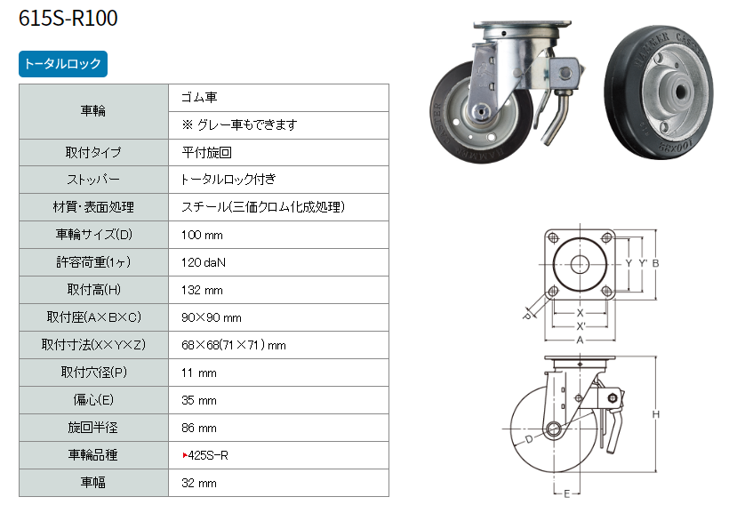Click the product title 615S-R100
tap(68, 18)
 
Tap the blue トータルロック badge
tap(63, 64)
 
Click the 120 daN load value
tap(204, 263)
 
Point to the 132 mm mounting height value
tap(202, 290)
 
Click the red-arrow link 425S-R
tap(205, 455)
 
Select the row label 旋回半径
tap(93, 428)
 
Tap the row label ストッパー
tap(93, 180)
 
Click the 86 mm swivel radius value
tap(199, 428)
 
